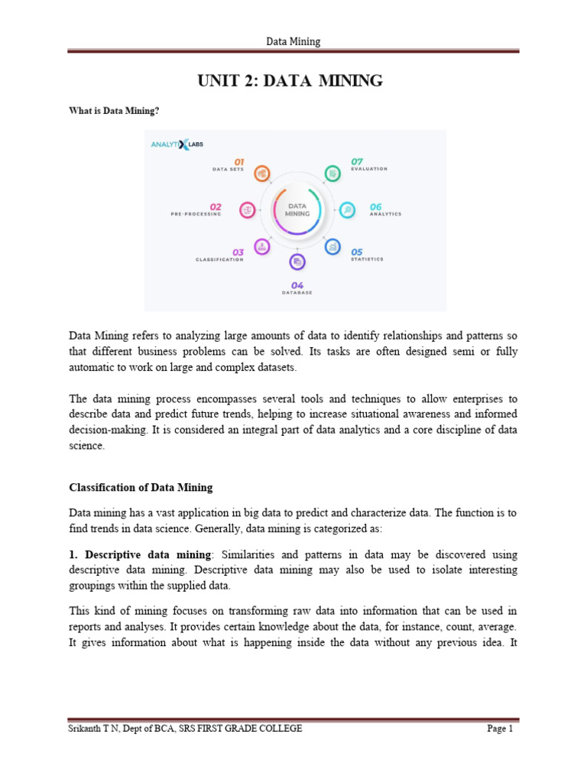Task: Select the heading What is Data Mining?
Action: click(x=114, y=112)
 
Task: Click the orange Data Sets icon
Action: click(x=261, y=174)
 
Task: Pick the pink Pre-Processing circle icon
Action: click(x=247, y=210)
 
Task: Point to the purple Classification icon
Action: click(x=262, y=246)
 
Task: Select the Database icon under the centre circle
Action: click(x=297, y=262)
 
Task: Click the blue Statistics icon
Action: click(x=332, y=247)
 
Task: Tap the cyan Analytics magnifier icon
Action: click(x=348, y=210)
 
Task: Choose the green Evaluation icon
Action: click(x=332, y=174)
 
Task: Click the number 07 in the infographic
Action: click(x=357, y=161)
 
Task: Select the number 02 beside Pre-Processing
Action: click(x=216, y=206)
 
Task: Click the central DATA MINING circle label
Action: click(x=297, y=210)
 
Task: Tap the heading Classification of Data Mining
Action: click(x=141, y=487)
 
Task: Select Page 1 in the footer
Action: click(x=500, y=729)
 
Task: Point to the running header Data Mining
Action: click(x=293, y=41)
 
